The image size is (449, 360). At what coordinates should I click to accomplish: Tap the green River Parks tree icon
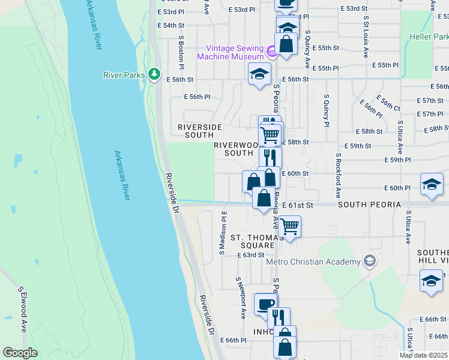[x=155, y=74]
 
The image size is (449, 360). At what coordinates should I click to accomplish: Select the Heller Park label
[x=429, y=37]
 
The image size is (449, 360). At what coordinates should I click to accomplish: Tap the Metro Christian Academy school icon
[x=370, y=261]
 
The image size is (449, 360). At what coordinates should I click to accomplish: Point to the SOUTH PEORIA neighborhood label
[x=369, y=205]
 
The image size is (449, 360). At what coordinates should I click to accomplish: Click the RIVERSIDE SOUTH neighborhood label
[x=200, y=131]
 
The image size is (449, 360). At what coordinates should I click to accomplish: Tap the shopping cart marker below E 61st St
[x=289, y=227]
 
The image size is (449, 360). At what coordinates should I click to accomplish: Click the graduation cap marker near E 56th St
[x=259, y=74]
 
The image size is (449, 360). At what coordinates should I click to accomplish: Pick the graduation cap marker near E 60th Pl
[x=432, y=185]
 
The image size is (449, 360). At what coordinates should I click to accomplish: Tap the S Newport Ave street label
[x=241, y=298]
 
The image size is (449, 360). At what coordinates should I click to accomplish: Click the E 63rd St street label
[x=250, y=255]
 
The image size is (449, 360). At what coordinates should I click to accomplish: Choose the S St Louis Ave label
[x=366, y=37]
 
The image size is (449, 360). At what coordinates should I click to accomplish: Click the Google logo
[x=20, y=353]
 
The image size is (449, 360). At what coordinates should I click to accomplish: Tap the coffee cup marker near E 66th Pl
[x=265, y=304]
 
